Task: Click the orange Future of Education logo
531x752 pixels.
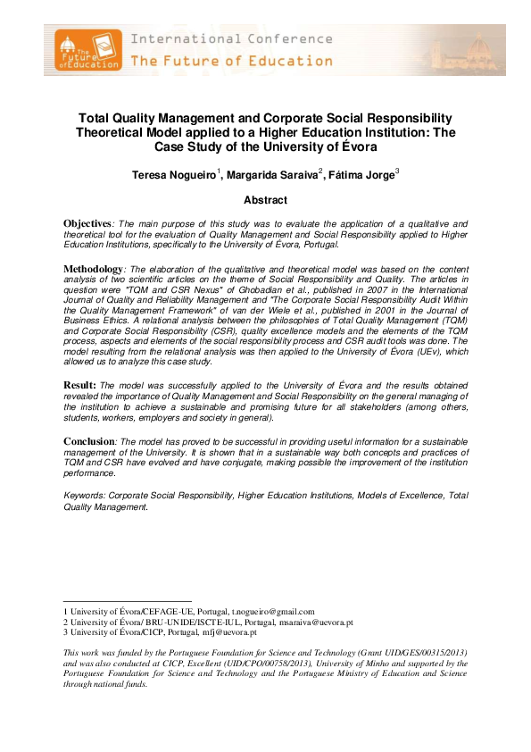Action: pyautogui.click(x=87, y=50)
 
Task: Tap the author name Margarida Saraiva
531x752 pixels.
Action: pyautogui.click(x=274, y=175)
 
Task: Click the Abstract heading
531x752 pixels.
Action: pyautogui.click(x=265, y=201)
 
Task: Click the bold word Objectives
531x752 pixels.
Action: pyautogui.click(x=87, y=222)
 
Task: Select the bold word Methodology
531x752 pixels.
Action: pyautogui.click(x=92, y=269)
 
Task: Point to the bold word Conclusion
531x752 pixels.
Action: pyautogui.click(x=88, y=441)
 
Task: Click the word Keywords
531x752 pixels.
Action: pyautogui.click(x=82, y=495)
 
